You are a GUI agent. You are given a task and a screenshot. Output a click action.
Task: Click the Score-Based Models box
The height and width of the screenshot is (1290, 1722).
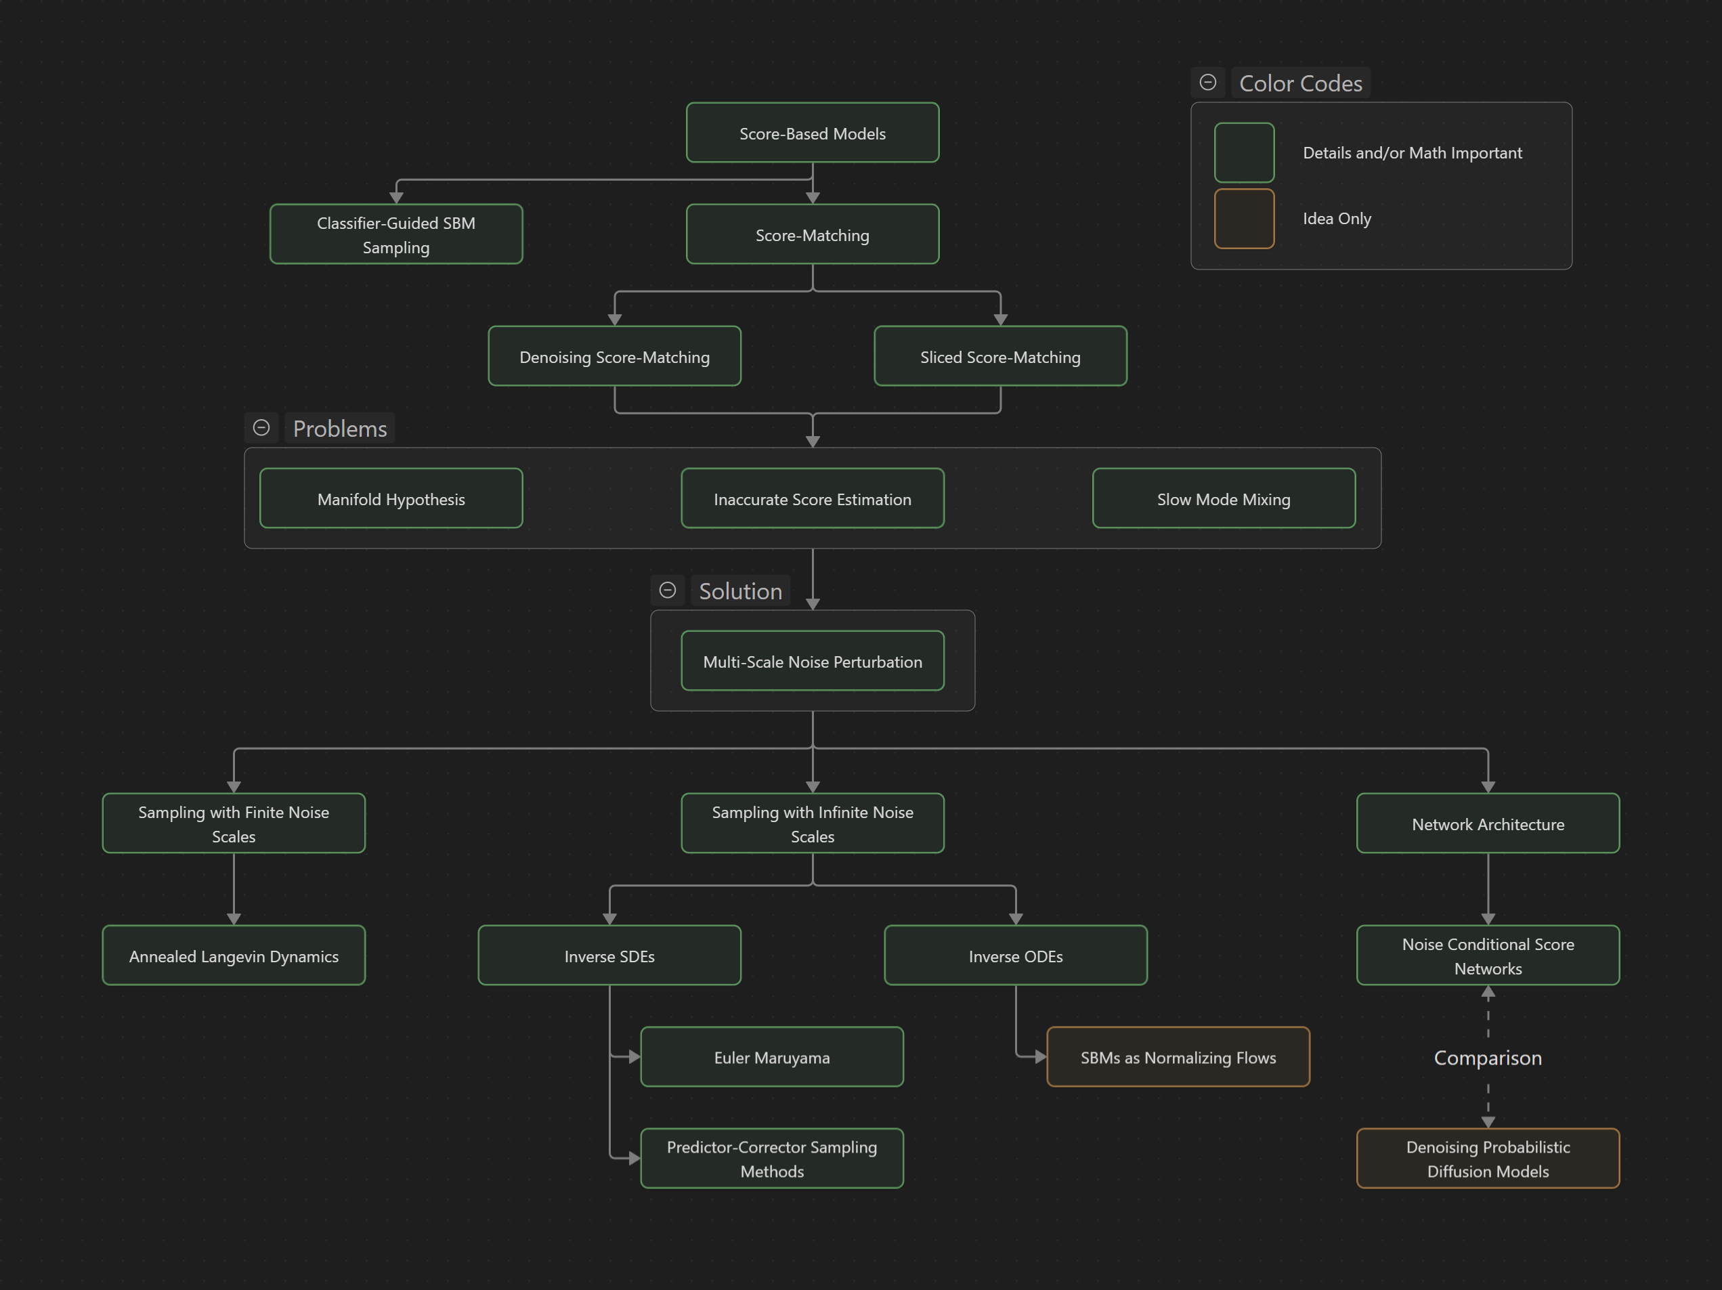pos(812,133)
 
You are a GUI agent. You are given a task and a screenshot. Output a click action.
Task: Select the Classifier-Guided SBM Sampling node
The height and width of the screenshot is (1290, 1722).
pos(395,234)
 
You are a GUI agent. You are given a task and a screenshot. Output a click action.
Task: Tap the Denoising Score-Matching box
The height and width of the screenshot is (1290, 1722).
pos(614,357)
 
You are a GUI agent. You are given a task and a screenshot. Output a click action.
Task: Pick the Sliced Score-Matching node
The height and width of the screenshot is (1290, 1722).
pos(1000,357)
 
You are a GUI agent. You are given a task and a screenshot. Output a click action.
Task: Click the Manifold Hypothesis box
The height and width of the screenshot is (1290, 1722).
pos(391,498)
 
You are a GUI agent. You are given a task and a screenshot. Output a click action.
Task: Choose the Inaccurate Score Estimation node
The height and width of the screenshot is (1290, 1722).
pos(812,498)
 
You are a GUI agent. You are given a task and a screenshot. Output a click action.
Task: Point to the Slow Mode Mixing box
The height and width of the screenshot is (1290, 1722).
pos(1224,498)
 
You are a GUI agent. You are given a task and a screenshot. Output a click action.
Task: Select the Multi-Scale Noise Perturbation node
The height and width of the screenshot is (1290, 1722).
pos(812,661)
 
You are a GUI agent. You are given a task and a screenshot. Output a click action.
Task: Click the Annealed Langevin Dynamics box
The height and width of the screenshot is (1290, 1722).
pos(234,955)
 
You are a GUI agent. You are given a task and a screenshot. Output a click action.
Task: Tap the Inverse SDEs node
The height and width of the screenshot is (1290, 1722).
pos(609,955)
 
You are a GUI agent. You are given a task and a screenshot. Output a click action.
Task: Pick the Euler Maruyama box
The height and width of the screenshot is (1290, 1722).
pos(771,1056)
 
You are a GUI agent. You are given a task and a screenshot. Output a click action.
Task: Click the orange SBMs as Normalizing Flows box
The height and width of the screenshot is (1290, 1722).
pos(1178,1056)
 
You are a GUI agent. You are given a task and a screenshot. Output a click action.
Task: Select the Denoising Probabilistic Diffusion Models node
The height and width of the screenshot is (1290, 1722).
pos(1488,1159)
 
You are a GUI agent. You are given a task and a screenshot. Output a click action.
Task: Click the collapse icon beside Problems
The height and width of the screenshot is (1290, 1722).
pos(261,427)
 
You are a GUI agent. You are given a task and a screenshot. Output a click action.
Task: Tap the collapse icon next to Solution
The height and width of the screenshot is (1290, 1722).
pos(667,590)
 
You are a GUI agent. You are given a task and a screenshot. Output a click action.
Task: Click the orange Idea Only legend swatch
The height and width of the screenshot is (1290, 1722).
pos(1244,219)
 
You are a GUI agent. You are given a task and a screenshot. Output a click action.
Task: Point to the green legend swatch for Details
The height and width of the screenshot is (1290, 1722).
pos(1244,152)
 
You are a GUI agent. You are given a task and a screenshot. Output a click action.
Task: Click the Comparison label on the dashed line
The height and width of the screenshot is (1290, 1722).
pos(1488,1058)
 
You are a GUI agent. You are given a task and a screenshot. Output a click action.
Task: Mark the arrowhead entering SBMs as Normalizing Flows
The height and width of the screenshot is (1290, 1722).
pos(1041,1056)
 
